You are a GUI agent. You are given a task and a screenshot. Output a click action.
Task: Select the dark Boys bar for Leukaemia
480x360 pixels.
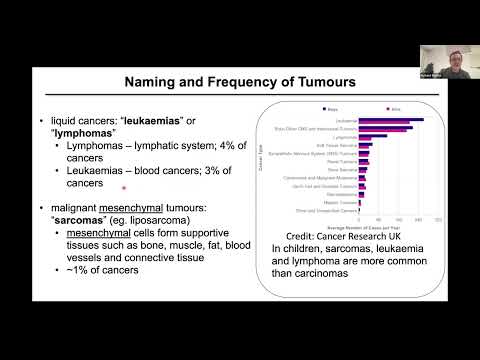405,120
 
